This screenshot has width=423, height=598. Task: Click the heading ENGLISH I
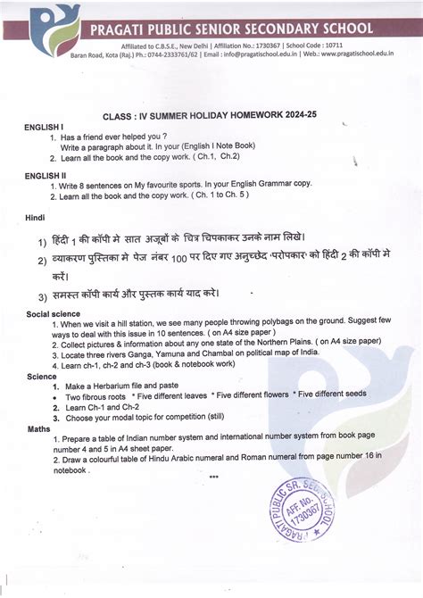click(44, 128)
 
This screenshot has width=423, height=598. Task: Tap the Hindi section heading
click(35, 216)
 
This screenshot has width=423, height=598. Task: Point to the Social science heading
click(53, 314)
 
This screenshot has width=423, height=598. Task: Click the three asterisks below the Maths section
click(213, 477)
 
